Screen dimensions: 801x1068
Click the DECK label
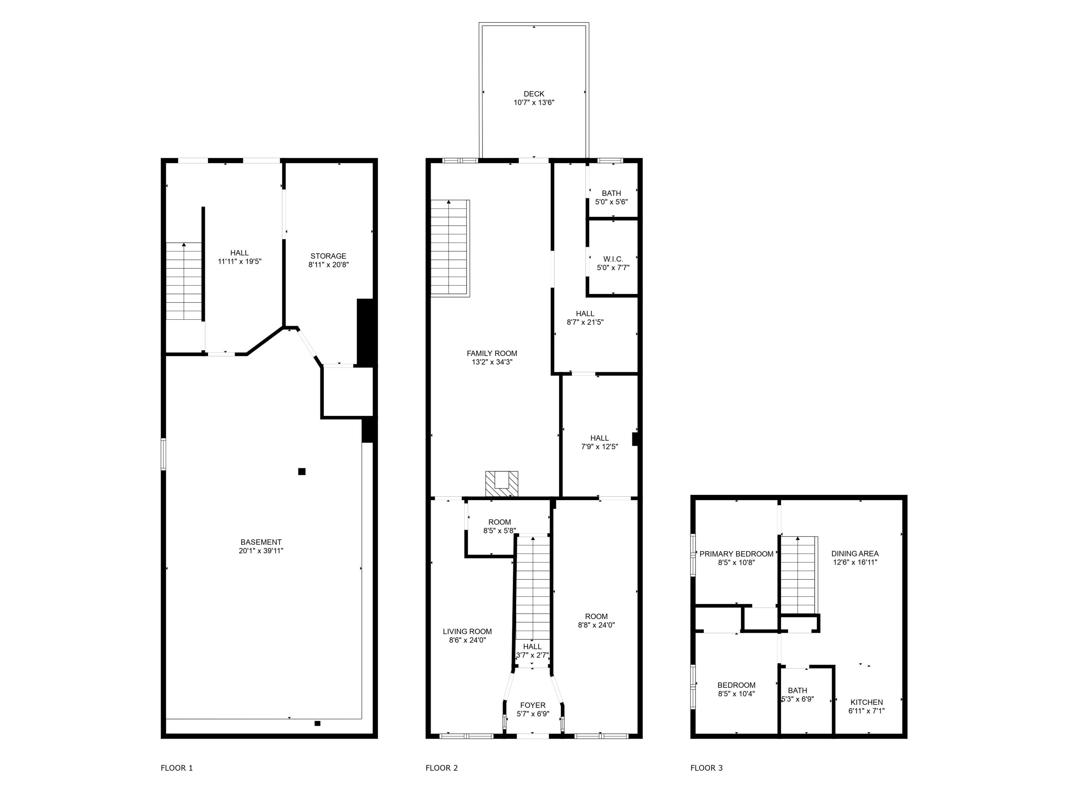(534, 94)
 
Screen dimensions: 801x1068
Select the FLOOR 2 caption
(441, 768)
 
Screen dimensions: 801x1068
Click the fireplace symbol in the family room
(502, 484)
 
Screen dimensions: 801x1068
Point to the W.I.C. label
(613, 259)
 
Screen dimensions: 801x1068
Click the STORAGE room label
(328, 256)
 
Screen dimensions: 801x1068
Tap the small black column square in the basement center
(302, 471)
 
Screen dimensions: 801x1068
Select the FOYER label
(533, 705)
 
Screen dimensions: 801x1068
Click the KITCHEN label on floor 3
(866, 702)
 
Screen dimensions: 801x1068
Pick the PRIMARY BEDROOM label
(736, 554)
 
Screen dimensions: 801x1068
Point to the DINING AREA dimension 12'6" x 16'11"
(855, 562)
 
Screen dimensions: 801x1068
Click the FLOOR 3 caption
(706, 768)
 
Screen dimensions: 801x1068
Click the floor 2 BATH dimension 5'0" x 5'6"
(611, 202)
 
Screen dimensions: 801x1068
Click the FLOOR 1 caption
(177, 768)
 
